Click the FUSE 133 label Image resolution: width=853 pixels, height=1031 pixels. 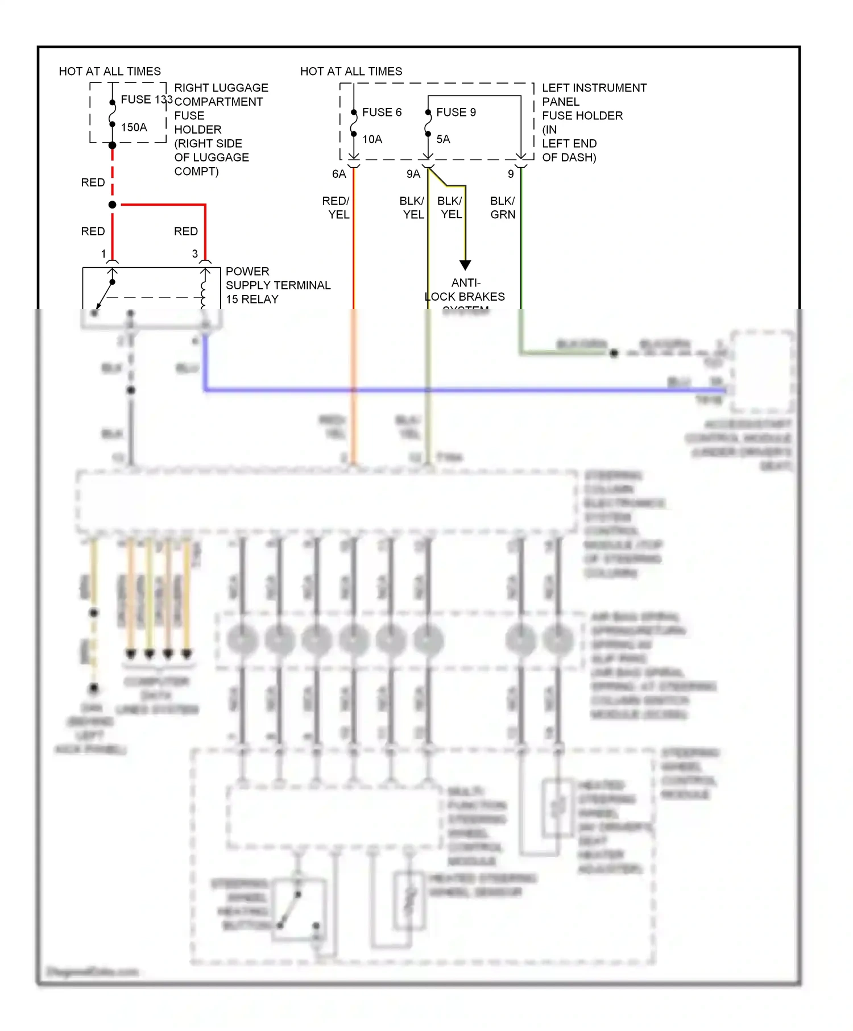146,99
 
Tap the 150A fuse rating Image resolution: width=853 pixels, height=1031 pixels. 134,127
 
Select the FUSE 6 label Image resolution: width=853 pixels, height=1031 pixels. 382,113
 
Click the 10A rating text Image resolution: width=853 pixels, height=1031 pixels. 372,139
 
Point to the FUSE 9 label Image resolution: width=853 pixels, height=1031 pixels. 456,113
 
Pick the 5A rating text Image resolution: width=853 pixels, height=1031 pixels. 443,139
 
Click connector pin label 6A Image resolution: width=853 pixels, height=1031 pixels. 339,174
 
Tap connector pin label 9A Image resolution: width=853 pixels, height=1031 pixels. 413,174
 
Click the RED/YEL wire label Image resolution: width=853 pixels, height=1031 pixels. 336,208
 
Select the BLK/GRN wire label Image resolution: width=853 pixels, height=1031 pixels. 503,208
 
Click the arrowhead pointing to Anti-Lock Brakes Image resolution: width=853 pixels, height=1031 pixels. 465,265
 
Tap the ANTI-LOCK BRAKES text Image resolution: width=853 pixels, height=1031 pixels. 465,290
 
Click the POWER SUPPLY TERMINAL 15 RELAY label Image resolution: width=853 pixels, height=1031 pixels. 278,285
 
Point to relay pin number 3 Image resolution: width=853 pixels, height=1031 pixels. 195,254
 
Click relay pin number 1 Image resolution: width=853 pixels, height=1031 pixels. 103,254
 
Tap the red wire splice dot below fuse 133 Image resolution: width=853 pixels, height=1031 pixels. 113,205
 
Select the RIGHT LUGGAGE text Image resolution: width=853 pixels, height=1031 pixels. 221,88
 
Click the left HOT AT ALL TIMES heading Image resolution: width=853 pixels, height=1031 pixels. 110,72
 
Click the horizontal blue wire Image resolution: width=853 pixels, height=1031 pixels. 455,390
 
